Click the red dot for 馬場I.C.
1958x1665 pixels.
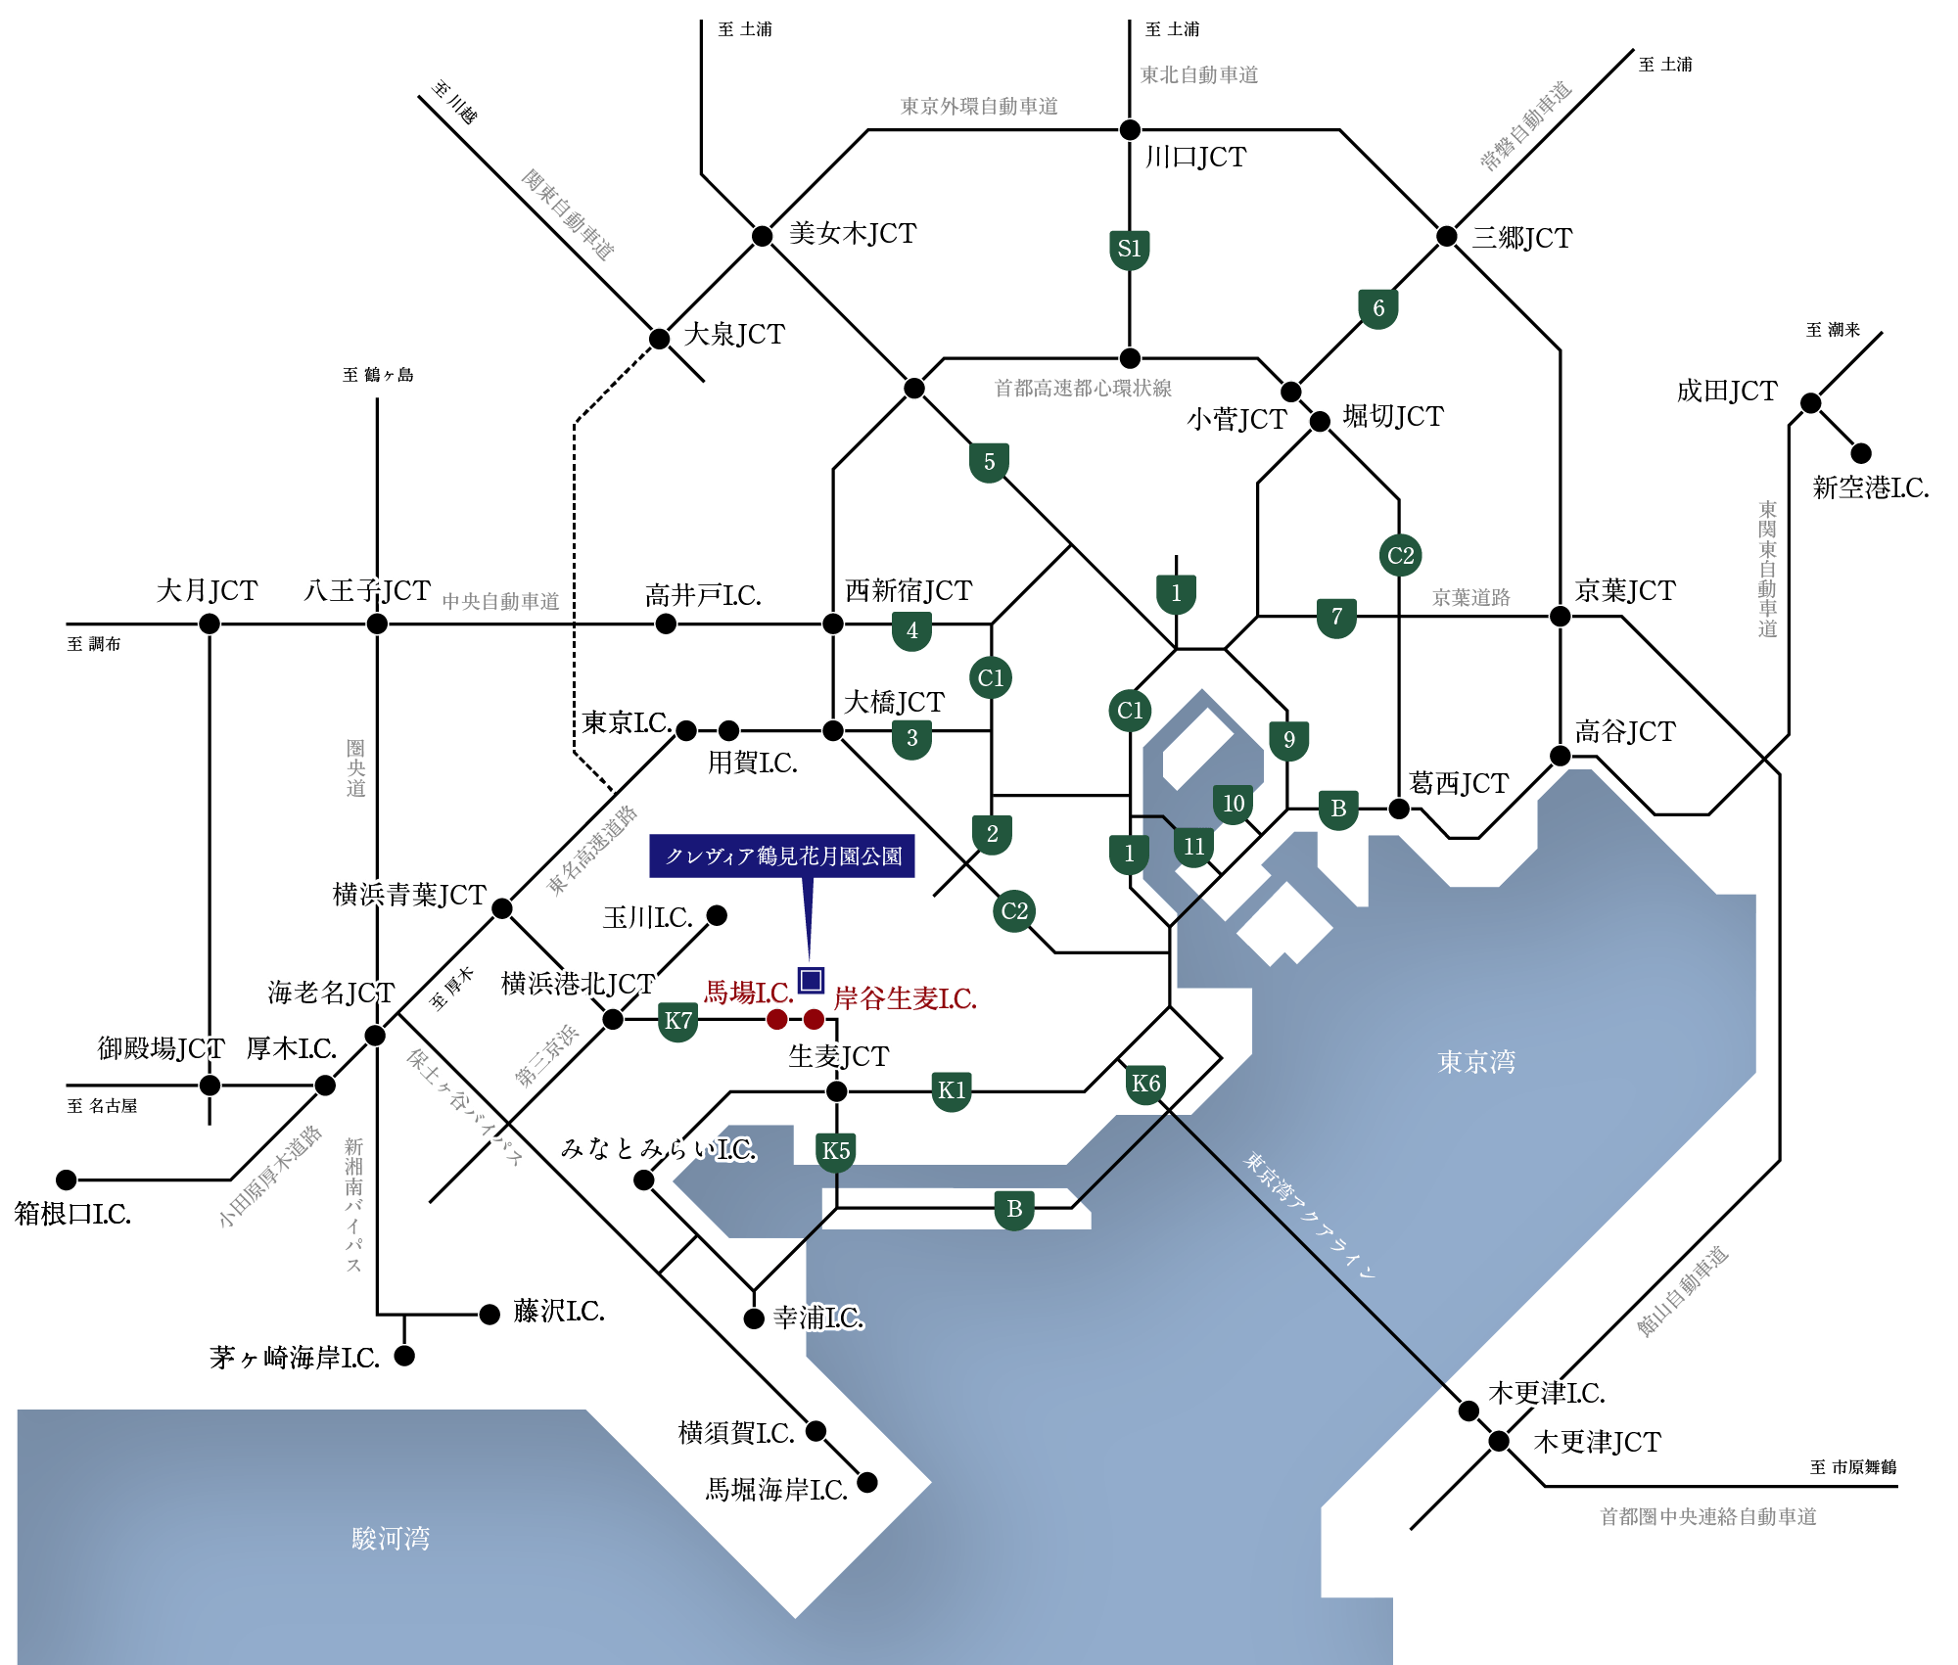point(776,1019)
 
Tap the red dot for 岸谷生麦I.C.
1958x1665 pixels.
point(814,1019)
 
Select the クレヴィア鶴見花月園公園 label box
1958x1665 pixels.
point(782,856)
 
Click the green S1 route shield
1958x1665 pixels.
point(1130,249)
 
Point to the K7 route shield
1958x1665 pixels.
point(678,1022)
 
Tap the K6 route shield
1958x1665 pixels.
point(1145,1084)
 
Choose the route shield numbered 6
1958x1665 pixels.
point(1378,308)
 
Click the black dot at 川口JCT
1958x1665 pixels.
point(1130,129)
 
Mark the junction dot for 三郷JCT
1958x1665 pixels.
point(1446,236)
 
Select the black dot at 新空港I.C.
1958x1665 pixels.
point(1861,453)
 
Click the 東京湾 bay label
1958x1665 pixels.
point(1476,1062)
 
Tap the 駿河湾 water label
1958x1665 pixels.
point(391,1538)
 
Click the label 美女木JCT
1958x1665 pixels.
point(852,234)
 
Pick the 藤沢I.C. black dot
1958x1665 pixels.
point(489,1314)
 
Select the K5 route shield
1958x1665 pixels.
point(836,1151)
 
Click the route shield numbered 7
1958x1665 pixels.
point(1336,617)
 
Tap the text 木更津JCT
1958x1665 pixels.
point(1596,1442)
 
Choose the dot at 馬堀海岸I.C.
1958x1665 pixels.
point(867,1483)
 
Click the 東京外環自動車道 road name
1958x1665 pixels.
point(979,106)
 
